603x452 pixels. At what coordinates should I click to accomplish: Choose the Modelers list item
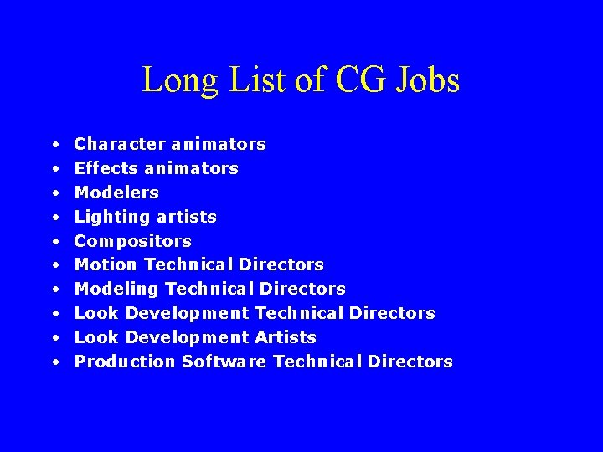point(116,193)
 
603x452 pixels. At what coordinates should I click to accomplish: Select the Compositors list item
point(132,241)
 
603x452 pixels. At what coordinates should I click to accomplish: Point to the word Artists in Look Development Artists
point(286,337)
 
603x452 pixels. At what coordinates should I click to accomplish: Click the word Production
point(125,362)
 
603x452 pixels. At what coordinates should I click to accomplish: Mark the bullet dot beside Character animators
point(54,145)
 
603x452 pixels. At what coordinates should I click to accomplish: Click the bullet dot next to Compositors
point(54,242)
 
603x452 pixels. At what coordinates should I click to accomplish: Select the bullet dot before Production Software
point(54,362)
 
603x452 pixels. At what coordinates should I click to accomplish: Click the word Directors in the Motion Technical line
point(281,265)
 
